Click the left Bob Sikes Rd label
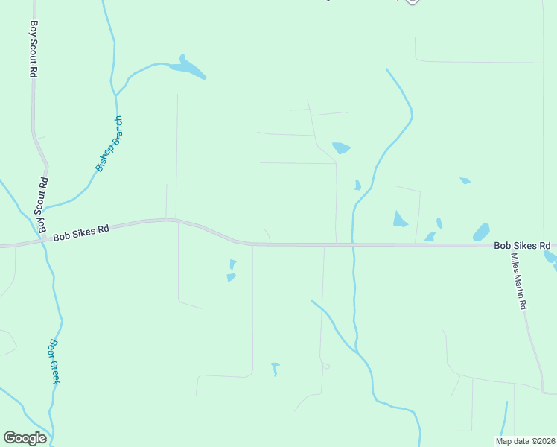[81, 229]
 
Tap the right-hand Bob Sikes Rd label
[522, 245]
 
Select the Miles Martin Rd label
[518, 281]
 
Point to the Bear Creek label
[54, 361]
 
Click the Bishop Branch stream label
[109, 144]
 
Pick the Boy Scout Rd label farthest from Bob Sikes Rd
[33, 49]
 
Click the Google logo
[25, 438]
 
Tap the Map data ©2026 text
[525, 441]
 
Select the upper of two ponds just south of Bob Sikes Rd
[233, 263]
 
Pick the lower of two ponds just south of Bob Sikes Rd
[231, 277]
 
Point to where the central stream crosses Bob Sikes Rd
[353, 244]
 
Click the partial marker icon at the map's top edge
[412, 2]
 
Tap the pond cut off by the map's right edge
[551, 257]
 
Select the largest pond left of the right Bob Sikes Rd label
[481, 232]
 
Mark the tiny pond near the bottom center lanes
[275, 368]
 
